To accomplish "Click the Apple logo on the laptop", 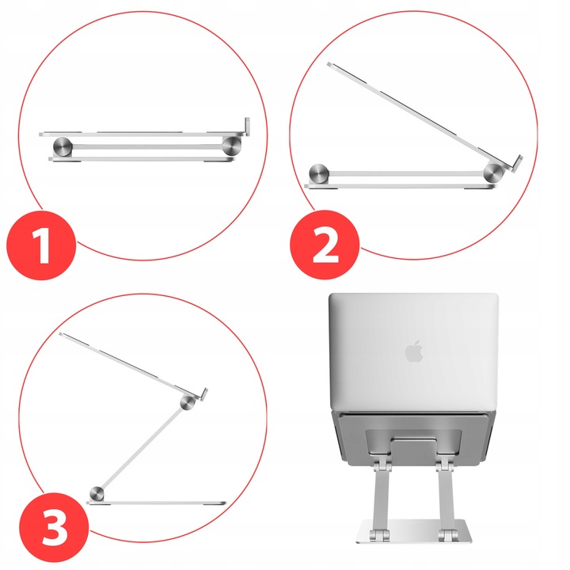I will point(413,351).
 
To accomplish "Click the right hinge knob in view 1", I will point(232,145).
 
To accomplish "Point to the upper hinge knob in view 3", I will point(188,402).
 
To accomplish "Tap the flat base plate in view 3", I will point(158,503).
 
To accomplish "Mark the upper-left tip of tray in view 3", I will point(63,336).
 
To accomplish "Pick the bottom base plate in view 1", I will point(142,160).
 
